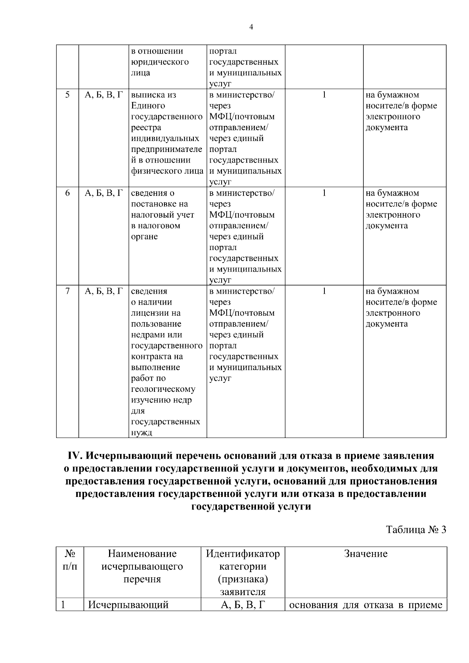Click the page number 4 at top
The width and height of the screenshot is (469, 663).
pyautogui.click(x=251, y=27)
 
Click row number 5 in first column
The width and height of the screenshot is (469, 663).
pyautogui.click(x=67, y=95)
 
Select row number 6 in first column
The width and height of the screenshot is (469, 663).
pyautogui.click(x=67, y=193)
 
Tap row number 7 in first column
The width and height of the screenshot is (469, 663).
pyautogui.click(x=67, y=291)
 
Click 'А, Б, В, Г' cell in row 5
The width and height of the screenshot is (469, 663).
pyautogui.click(x=104, y=95)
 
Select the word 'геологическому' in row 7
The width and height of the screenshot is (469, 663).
pyautogui.click(x=163, y=389)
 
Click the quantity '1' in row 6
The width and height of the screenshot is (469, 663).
pyautogui.click(x=324, y=193)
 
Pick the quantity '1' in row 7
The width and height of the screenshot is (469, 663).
pyautogui.click(x=324, y=291)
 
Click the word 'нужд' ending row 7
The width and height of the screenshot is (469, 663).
pyautogui.click(x=141, y=432)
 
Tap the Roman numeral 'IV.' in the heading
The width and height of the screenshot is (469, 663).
pyautogui.click(x=74, y=456)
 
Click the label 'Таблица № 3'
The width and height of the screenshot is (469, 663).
pyautogui.click(x=416, y=530)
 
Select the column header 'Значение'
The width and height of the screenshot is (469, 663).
pyautogui.click(x=366, y=554)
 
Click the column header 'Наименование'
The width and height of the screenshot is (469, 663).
pyautogui.click(x=142, y=554)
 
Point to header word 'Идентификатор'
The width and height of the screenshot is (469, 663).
pyautogui.click(x=243, y=554)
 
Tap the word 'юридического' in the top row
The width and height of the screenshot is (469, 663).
pyautogui.click(x=160, y=62)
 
